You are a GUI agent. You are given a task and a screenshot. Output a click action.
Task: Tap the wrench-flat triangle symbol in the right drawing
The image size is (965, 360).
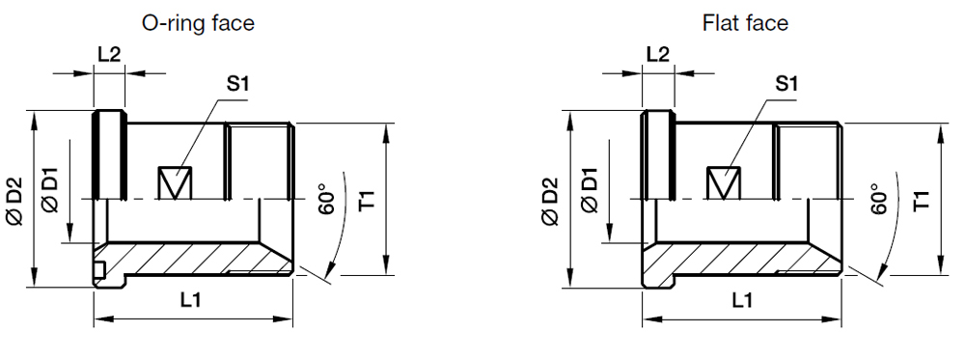tap(724, 182)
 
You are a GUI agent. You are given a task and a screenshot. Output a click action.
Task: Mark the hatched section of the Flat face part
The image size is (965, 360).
tap(743, 260)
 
